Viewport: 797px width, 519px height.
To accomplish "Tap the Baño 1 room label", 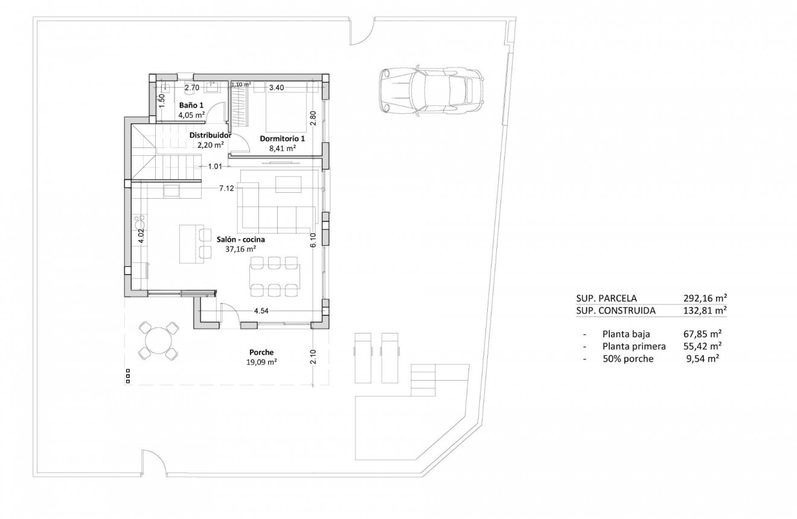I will pos(190,105).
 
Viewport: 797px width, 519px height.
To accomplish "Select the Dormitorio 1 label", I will pos(282,138).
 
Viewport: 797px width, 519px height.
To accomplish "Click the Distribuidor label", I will pos(211,135).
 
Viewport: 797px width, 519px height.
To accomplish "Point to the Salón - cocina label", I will pos(241,239).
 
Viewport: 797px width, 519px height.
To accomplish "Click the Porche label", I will pos(261,353).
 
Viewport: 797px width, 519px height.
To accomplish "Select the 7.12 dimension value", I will pos(226,189).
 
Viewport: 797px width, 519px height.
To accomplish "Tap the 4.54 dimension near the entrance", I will pos(261,311).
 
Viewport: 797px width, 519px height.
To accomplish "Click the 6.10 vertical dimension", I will pos(313,240).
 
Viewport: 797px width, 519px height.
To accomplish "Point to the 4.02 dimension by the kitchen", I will pos(141,236).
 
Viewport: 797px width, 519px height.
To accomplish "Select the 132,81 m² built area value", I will pos(701,311).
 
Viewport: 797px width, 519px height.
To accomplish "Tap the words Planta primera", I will pos(634,346).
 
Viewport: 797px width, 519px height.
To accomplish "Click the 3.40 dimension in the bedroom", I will pos(277,88).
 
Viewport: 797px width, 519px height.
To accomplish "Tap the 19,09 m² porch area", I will pos(261,363).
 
